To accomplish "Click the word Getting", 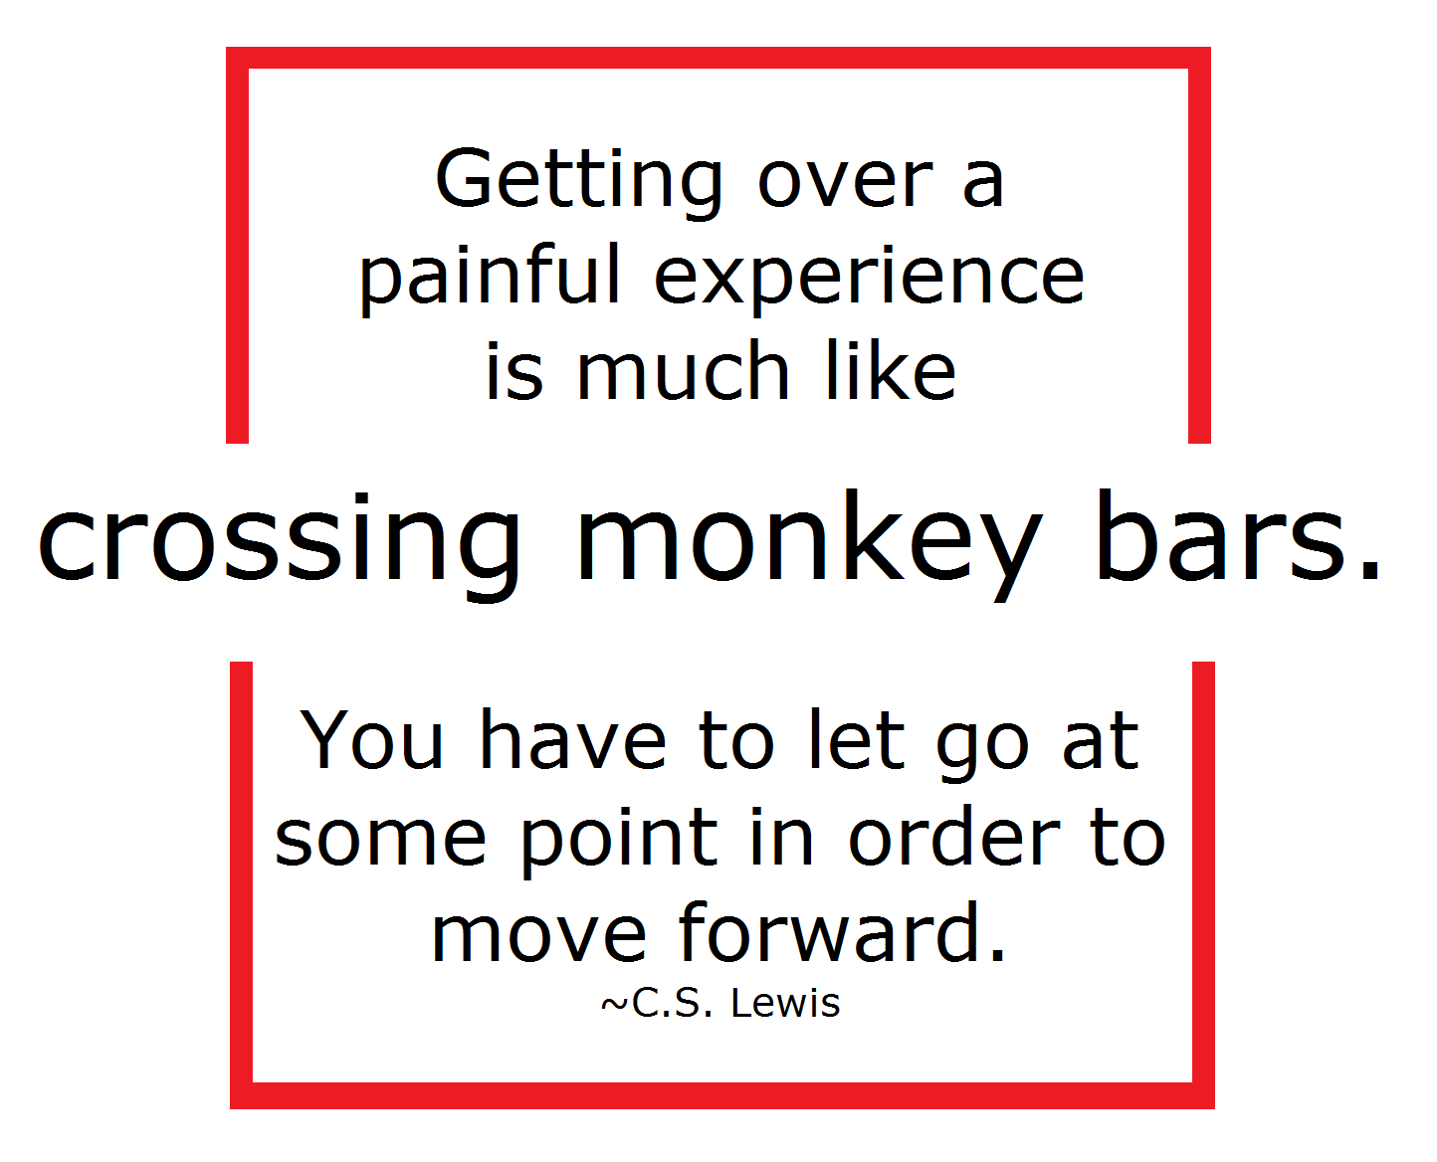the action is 578,183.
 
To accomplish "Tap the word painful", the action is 489,277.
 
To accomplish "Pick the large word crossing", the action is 278,544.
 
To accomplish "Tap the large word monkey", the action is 808,544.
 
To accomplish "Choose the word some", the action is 380,841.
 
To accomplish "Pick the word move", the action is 538,937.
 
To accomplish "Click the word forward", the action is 841,931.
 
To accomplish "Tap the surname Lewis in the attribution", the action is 785,1003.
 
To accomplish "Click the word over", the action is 845,186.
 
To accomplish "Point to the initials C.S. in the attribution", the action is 672,1003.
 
